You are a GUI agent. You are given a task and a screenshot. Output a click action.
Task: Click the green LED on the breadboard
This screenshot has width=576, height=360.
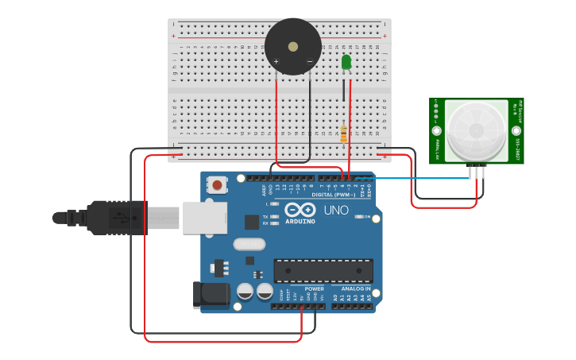[346, 62]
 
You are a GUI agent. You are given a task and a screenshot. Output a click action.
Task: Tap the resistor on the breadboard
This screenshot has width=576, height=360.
[343, 135]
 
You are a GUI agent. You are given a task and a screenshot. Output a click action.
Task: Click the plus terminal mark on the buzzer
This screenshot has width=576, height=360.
[276, 62]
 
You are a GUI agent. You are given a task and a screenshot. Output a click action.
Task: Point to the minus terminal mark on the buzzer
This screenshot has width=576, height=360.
[310, 62]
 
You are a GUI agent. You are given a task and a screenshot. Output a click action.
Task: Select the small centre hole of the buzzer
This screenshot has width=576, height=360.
[293, 46]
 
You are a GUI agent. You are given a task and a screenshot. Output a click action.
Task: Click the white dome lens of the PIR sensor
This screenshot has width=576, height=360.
[476, 130]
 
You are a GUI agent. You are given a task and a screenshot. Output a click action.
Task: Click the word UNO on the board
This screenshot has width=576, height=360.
[336, 211]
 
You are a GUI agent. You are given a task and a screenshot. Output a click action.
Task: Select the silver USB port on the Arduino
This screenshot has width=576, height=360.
[204, 217]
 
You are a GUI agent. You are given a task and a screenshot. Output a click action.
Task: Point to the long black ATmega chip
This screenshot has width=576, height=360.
[323, 271]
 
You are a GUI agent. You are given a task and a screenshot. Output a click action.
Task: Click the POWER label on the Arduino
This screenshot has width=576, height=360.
[303, 288]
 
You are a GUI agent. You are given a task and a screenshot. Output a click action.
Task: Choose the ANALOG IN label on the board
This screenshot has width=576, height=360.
[356, 288]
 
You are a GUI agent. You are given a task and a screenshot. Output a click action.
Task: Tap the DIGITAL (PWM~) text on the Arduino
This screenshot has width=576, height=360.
[334, 195]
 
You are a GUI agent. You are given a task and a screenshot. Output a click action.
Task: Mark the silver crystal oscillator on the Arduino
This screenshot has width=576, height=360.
[249, 244]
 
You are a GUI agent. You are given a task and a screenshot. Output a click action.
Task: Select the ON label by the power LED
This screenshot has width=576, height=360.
[367, 217]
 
